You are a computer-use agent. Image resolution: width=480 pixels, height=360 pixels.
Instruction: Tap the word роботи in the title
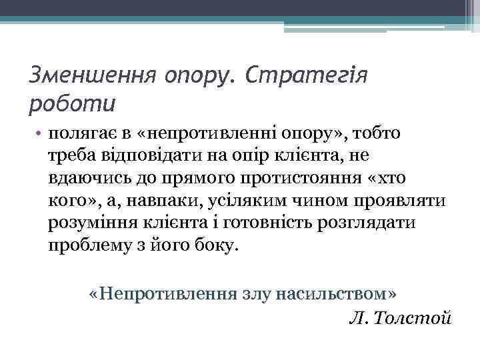[x=72, y=103]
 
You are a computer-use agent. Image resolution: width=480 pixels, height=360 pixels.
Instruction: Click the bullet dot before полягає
[x=41, y=134]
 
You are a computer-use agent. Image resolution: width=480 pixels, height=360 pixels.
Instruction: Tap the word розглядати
[x=361, y=223]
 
